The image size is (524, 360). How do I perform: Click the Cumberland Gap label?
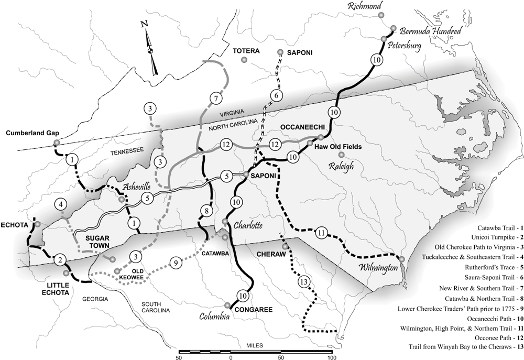point(30,133)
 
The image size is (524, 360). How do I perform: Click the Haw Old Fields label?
point(339,148)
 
